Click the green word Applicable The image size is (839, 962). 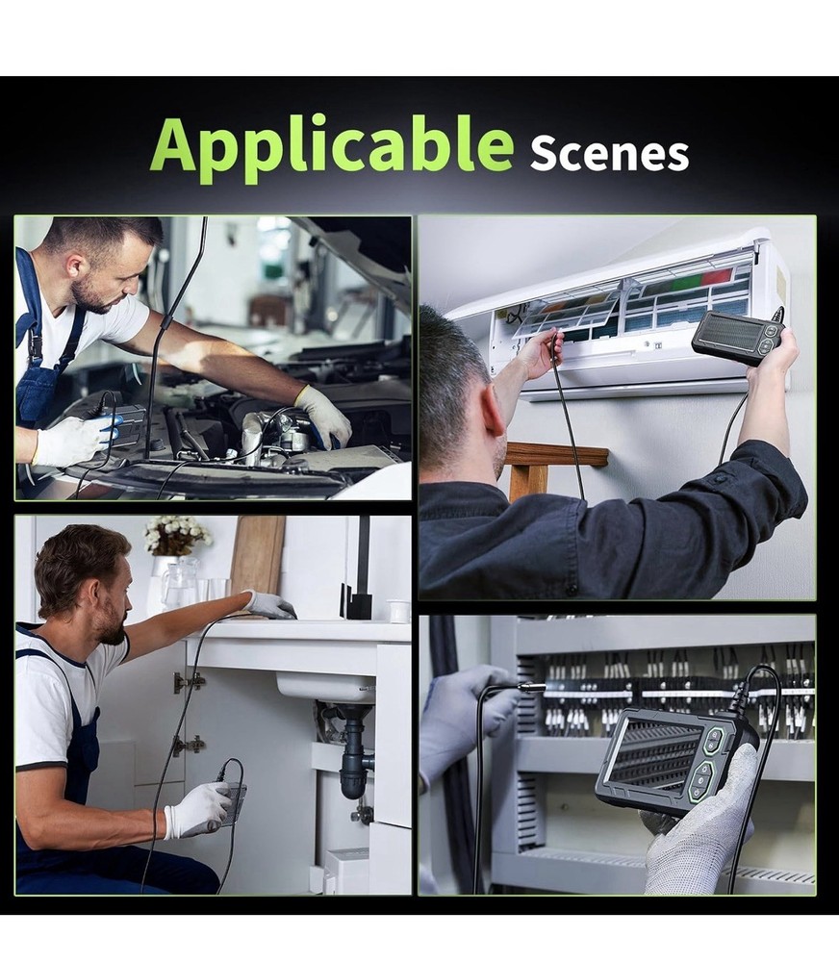coord(331,144)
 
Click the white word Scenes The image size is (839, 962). coord(609,153)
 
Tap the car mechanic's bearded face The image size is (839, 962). coord(97,280)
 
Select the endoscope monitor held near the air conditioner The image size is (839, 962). coord(736,336)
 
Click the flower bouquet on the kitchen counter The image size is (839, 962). coord(177,535)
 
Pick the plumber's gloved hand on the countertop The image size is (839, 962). coord(268,604)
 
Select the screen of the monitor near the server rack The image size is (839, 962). coord(654,755)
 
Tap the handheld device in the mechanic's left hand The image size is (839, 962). coord(120,423)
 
